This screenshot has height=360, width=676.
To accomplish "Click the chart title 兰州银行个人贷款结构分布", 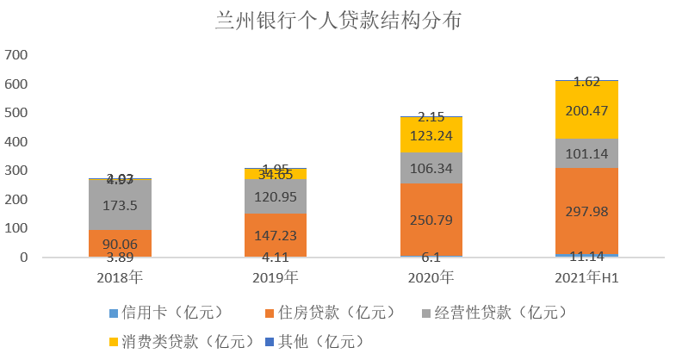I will tap(338, 21).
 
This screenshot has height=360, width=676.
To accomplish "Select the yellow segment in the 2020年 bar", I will tap(431, 134).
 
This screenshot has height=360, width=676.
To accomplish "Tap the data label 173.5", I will tap(120, 205).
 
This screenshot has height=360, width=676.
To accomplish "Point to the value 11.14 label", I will tap(586, 257).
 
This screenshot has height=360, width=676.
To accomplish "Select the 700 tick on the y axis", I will tap(16, 55).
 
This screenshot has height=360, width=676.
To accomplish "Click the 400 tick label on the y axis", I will tap(16, 142).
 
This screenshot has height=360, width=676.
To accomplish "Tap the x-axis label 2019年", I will tap(275, 277).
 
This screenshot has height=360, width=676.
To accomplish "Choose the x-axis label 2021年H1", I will tap(586, 277).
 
